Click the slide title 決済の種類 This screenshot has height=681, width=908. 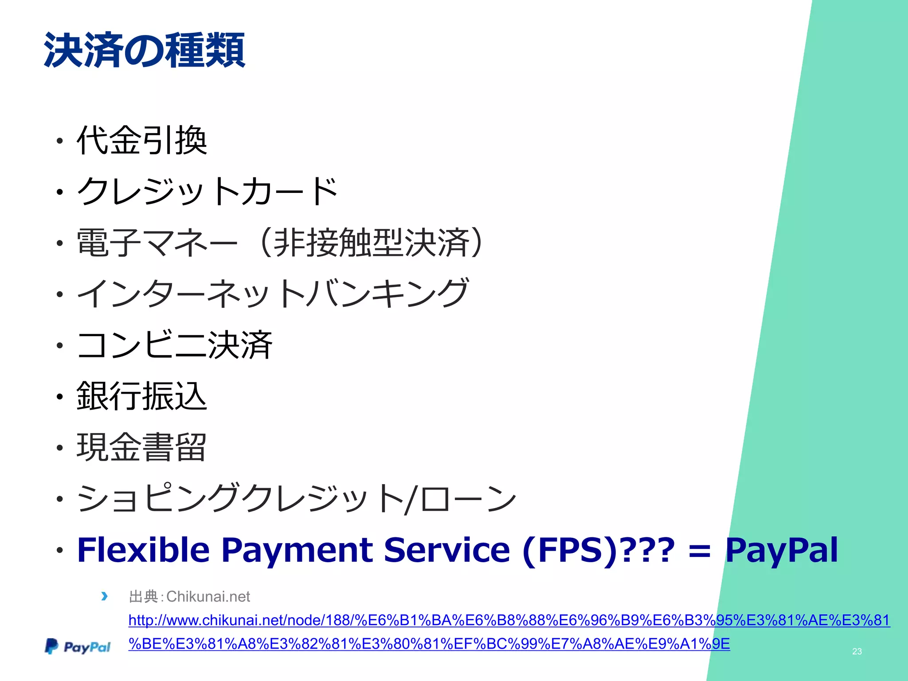click(144, 50)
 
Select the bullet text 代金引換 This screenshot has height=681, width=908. click(142, 141)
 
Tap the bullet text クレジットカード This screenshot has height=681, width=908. click(207, 192)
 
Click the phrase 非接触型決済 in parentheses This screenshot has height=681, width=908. click(372, 243)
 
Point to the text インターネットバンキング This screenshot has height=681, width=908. click(272, 294)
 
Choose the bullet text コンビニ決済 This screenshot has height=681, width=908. click(174, 345)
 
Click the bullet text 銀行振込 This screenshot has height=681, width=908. click(142, 396)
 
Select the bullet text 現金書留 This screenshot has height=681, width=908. click(142, 447)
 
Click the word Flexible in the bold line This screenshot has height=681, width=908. click(143, 550)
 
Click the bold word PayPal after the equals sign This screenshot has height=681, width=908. click(781, 550)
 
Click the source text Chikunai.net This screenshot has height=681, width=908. click(208, 597)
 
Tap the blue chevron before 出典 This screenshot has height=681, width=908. click(104, 596)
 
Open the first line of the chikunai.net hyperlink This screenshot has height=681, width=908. click(509, 620)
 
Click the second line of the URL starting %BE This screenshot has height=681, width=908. click(429, 644)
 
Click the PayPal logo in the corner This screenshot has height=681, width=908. click(78, 647)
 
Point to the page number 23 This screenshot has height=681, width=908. click(857, 651)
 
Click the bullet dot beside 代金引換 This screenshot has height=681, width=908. click(60, 142)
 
